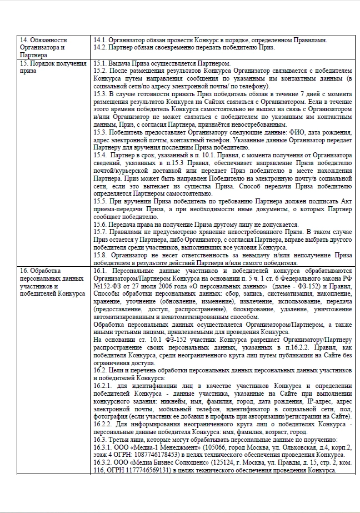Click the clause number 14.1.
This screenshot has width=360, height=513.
tap(101, 40)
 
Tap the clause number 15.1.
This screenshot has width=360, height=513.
tap(101, 64)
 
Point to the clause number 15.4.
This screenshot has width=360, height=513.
tap(101, 155)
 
